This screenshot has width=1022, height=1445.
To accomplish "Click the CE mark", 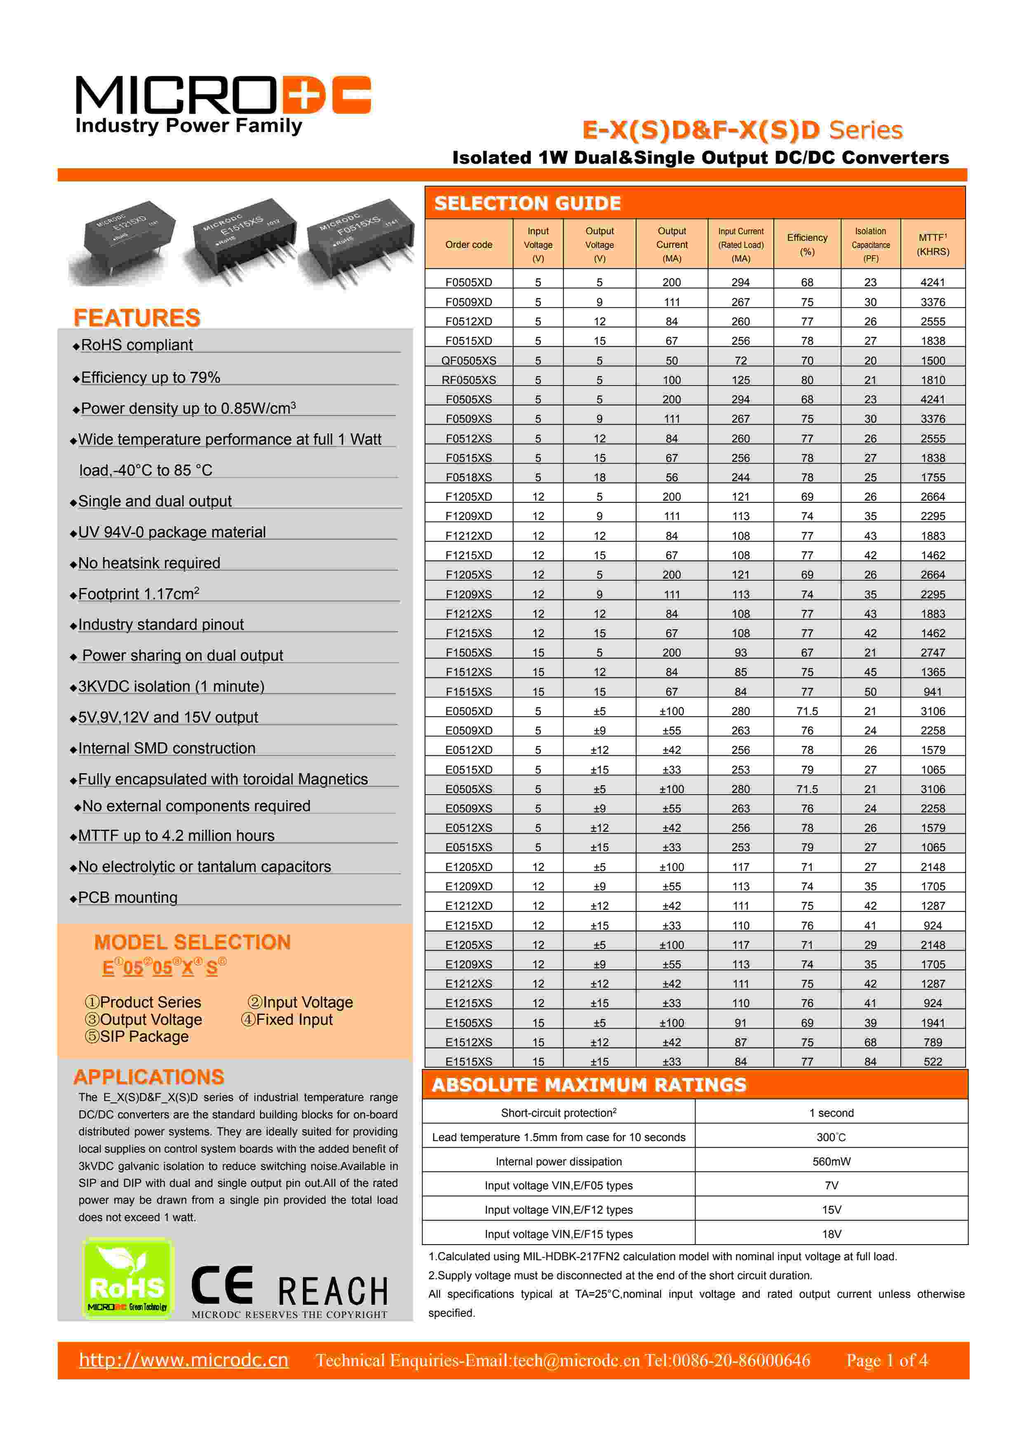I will (x=221, y=1285).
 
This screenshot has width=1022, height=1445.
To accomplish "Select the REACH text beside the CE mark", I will (x=333, y=1292).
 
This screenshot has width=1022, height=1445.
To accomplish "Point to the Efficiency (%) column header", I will (x=807, y=244).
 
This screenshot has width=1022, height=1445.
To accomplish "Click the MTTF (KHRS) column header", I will (x=933, y=244).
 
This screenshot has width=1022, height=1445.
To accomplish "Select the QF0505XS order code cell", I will (x=469, y=360).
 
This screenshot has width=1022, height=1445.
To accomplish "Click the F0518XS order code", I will (x=469, y=477).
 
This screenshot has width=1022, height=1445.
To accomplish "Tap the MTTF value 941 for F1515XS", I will (x=933, y=692).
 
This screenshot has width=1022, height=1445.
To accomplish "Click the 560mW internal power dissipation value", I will (x=831, y=1161).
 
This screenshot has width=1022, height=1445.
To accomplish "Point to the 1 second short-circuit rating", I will (x=831, y=1113).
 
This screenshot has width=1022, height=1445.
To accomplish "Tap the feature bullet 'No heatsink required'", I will (x=149, y=563).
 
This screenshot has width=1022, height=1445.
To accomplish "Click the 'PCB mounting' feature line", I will (x=128, y=897).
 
